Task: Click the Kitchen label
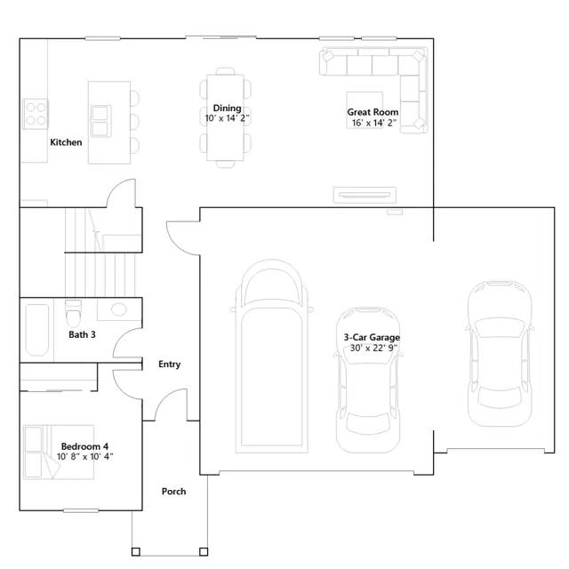pos(66,142)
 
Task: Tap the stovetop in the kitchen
pos(36,114)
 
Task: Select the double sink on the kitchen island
pos(100,121)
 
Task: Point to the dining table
pos(225,117)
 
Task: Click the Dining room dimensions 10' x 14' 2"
pos(227,118)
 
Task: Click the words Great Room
pos(373,112)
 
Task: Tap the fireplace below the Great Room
pos(365,196)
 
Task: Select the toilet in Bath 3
pos(73,313)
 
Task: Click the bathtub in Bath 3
pos(37,330)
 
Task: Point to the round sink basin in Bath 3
pos(119,309)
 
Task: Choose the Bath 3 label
pos(82,334)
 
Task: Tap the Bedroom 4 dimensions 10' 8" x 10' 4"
pos(85,457)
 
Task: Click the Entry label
pos(170,365)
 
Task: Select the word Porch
pos(174,492)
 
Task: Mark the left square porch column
pos(136,552)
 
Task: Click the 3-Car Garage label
pos(372,338)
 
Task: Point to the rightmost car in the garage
pos(500,354)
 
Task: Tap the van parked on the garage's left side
pos(272,357)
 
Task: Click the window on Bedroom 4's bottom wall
pos(81,510)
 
